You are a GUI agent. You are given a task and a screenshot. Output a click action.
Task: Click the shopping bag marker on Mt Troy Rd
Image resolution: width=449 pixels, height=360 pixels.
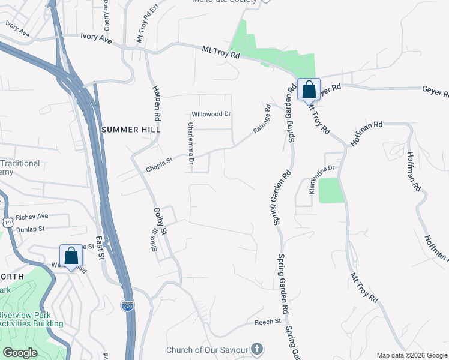click(x=309, y=90)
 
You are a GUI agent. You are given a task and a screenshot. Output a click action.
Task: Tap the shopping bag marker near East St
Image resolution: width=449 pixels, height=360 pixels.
click(x=71, y=256)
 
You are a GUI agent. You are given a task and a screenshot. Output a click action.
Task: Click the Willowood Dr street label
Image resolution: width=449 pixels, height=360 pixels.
click(x=211, y=114)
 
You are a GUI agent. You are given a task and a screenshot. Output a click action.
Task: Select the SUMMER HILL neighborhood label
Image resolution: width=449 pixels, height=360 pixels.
click(x=131, y=130)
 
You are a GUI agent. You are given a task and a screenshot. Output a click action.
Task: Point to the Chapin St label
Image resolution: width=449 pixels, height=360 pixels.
click(x=159, y=165)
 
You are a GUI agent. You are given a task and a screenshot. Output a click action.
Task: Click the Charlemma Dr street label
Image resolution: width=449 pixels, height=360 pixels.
click(x=190, y=143)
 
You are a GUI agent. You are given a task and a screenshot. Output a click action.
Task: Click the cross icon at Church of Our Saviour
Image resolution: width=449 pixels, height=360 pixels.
click(x=256, y=349)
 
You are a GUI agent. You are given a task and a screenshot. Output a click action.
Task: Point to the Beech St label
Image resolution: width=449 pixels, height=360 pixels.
click(x=268, y=322)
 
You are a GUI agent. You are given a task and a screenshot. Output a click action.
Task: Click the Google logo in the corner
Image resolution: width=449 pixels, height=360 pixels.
click(x=20, y=353)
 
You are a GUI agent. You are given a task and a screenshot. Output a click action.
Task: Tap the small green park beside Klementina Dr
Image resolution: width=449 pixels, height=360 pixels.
click(x=330, y=191)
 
